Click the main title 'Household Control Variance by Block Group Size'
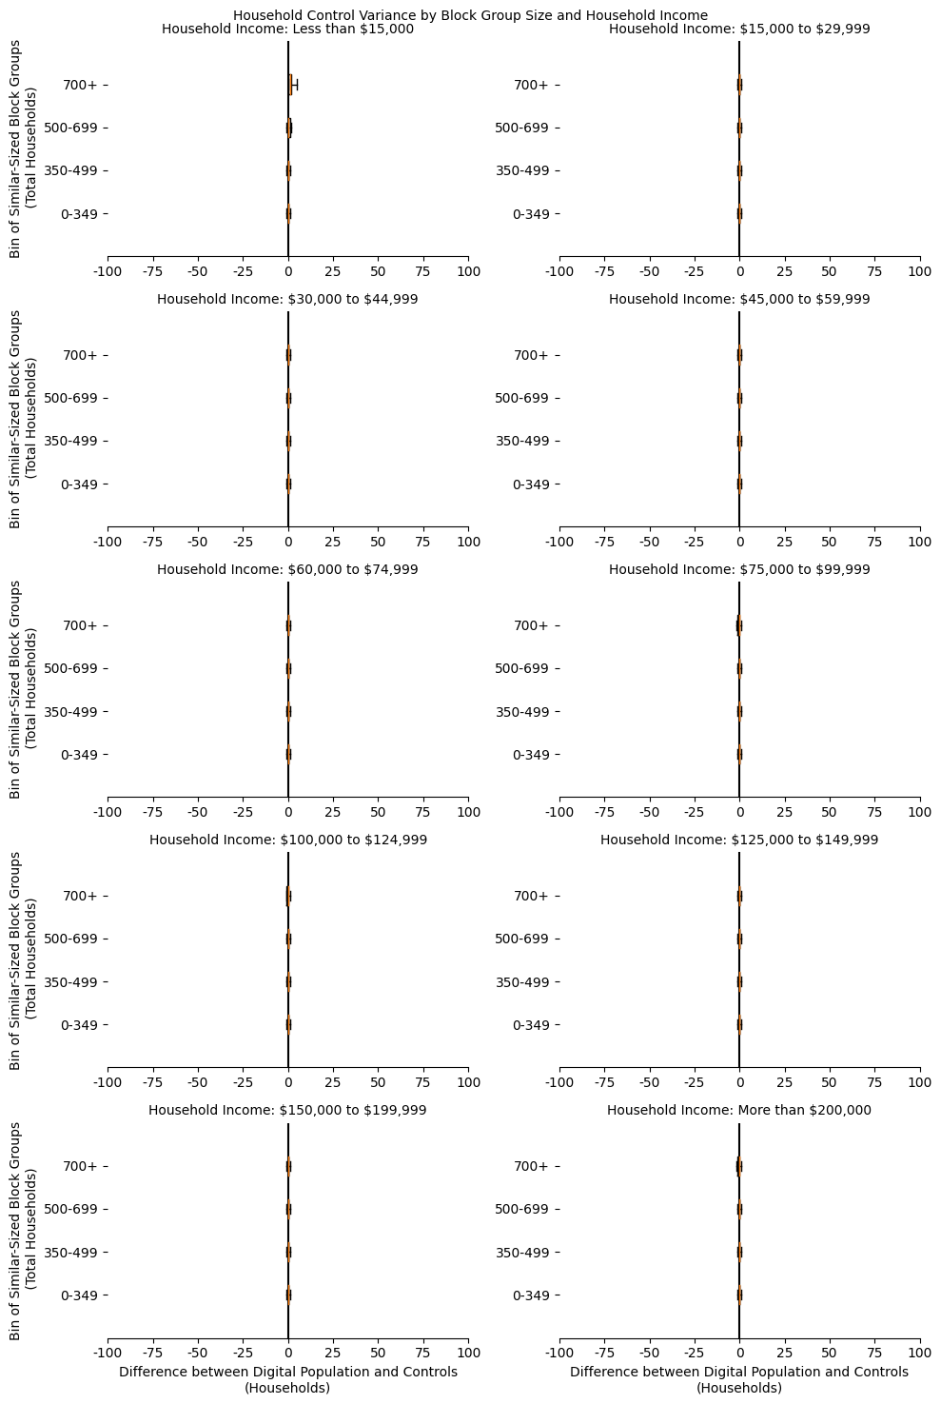click(470, 15)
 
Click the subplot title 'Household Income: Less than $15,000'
click(287, 30)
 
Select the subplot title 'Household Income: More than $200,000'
click(738, 1110)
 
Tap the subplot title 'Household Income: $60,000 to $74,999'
click(287, 569)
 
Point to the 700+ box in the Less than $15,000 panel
click(290, 85)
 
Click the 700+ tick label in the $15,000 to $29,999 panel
click(531, 85)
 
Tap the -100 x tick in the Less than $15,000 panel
click(108, 272)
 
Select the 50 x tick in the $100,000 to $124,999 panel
click(378, 1083)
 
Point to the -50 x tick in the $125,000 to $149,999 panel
click(649, 1083)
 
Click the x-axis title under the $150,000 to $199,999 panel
click(287, 1379)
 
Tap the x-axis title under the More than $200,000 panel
click(738, 1379)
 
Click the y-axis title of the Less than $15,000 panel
click(23, 148)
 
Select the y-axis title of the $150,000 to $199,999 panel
click(23, 1230)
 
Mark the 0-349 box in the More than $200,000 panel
click(739, 1295)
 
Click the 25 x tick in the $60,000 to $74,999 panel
click(333, 813)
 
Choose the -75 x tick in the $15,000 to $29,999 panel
click(604, 272)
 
